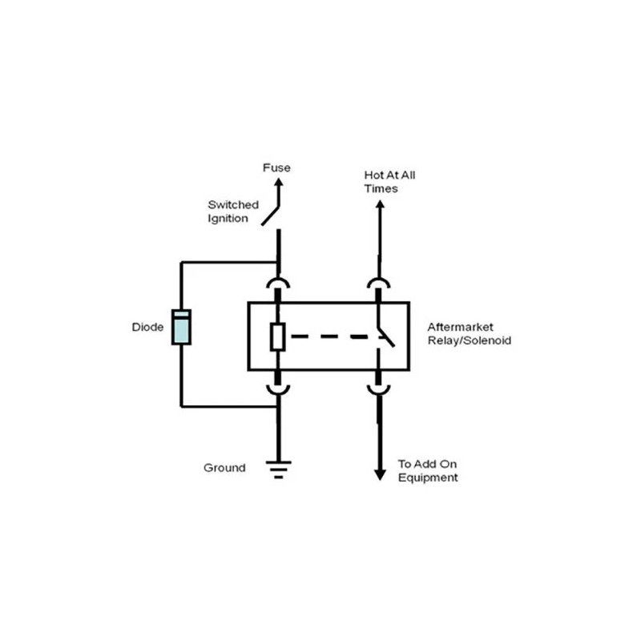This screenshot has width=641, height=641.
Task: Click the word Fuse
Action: (276, 167)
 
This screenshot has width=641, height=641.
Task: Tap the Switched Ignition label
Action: (233, 212)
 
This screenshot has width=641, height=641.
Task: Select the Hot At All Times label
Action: (389, 182)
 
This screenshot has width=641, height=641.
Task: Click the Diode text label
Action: (147, 327)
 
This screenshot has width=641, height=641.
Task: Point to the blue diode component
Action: (181, 327)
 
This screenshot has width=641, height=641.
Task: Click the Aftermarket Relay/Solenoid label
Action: (470, 333)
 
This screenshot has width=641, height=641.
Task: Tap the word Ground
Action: (224, 468)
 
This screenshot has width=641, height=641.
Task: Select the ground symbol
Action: (278, 470)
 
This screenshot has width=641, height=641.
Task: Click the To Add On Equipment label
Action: (428, 470)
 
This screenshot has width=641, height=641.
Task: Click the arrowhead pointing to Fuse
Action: (278, 183)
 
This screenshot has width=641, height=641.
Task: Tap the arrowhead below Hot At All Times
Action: (380, 204)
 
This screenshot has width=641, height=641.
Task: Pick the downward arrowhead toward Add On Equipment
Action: (380, 475)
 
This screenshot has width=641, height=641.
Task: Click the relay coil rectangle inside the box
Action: (277, 337)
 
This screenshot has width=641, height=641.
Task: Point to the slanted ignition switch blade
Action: (270, 216)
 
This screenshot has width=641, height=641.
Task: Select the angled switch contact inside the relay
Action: (386, 337)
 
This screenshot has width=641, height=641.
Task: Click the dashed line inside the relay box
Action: (337, 337)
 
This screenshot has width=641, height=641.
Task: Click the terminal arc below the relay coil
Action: (278, 391)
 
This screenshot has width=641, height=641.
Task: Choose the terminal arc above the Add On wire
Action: (378, 391)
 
